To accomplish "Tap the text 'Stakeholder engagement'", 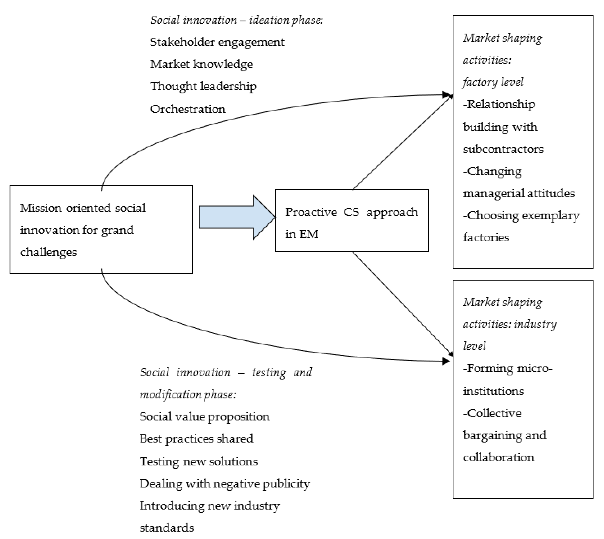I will (x=217, y=42).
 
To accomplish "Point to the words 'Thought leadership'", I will (x=203, y=86).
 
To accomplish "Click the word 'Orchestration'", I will (x=188, y=109).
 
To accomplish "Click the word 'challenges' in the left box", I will (x=48, y=252).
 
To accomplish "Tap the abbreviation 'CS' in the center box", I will (x=351, y=212).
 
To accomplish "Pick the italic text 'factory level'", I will (x=493, y=82).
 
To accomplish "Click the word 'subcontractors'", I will (x=503, y=149).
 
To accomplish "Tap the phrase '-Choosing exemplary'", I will (x=521, y=216).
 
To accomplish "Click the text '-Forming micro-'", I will (x=507, y=368).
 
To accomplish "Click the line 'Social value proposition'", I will (x=204, y=417).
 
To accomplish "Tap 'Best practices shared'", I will (x=196, y=439).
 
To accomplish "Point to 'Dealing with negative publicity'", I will (x=224, y=484).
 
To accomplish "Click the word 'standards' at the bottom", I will (x=167, y=528).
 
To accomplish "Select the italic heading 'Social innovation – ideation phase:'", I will (x=236, y=20).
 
